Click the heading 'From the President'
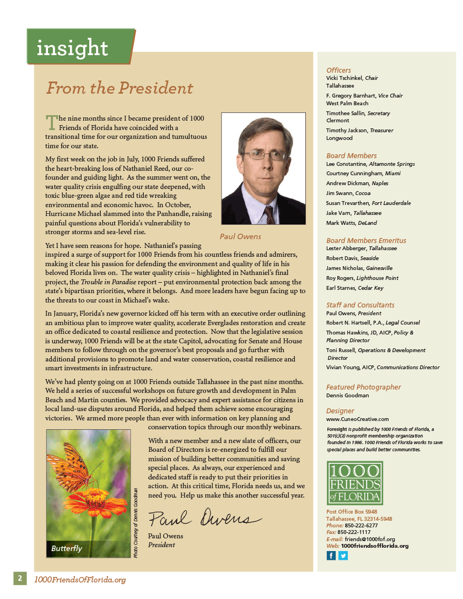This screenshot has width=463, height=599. click(120, 88)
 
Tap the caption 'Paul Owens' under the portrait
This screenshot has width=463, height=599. click(240, 236)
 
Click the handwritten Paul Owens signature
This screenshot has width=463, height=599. click(204, 517)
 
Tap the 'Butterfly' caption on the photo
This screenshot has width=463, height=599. click(67, 548)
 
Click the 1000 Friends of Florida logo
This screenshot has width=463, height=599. click(354, 483)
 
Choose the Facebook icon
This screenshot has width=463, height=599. click(331, 555)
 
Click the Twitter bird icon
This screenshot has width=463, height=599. click(343, 555)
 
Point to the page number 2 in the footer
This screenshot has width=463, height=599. click(20, 578)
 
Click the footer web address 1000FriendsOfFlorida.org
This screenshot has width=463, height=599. click(80, 580)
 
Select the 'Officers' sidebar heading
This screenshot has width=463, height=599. click(338, 70)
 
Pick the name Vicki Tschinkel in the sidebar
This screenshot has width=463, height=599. click(344, 78)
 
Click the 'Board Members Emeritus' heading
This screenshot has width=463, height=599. click(366, 240)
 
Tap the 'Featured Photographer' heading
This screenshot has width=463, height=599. click(363, 387)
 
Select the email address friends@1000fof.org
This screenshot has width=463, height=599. click(370, 539)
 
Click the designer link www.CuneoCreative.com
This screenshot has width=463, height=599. click(357, 419)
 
